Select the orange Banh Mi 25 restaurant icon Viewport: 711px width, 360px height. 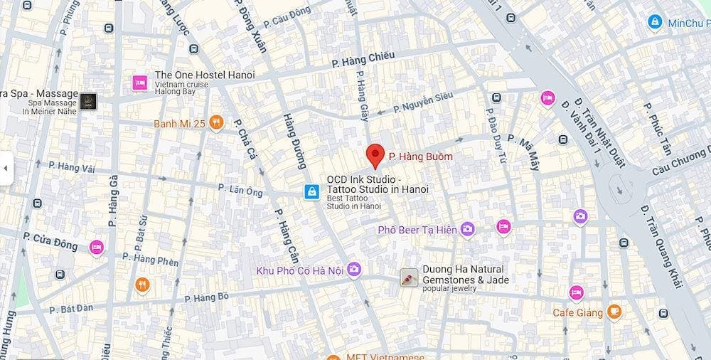(x=217, y=123)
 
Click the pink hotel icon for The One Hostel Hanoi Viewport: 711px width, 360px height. (x=139, y=83)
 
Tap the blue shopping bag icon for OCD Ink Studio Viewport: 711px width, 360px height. (x=311, y=191)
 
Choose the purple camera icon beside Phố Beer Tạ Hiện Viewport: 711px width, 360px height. (x=467, y=228)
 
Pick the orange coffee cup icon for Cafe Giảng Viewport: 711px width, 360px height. (x=614, y=312)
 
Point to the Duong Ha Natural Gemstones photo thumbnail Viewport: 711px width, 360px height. (x=408, y=277)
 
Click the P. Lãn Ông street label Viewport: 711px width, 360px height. (x=240, y=190)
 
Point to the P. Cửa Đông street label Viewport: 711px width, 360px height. (x=50, y=241)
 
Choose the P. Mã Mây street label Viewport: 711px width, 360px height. (x=528, y=152)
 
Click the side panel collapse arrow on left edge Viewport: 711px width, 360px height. (x=6, y=169)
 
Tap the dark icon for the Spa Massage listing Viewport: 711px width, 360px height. (x=88, y=101)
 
